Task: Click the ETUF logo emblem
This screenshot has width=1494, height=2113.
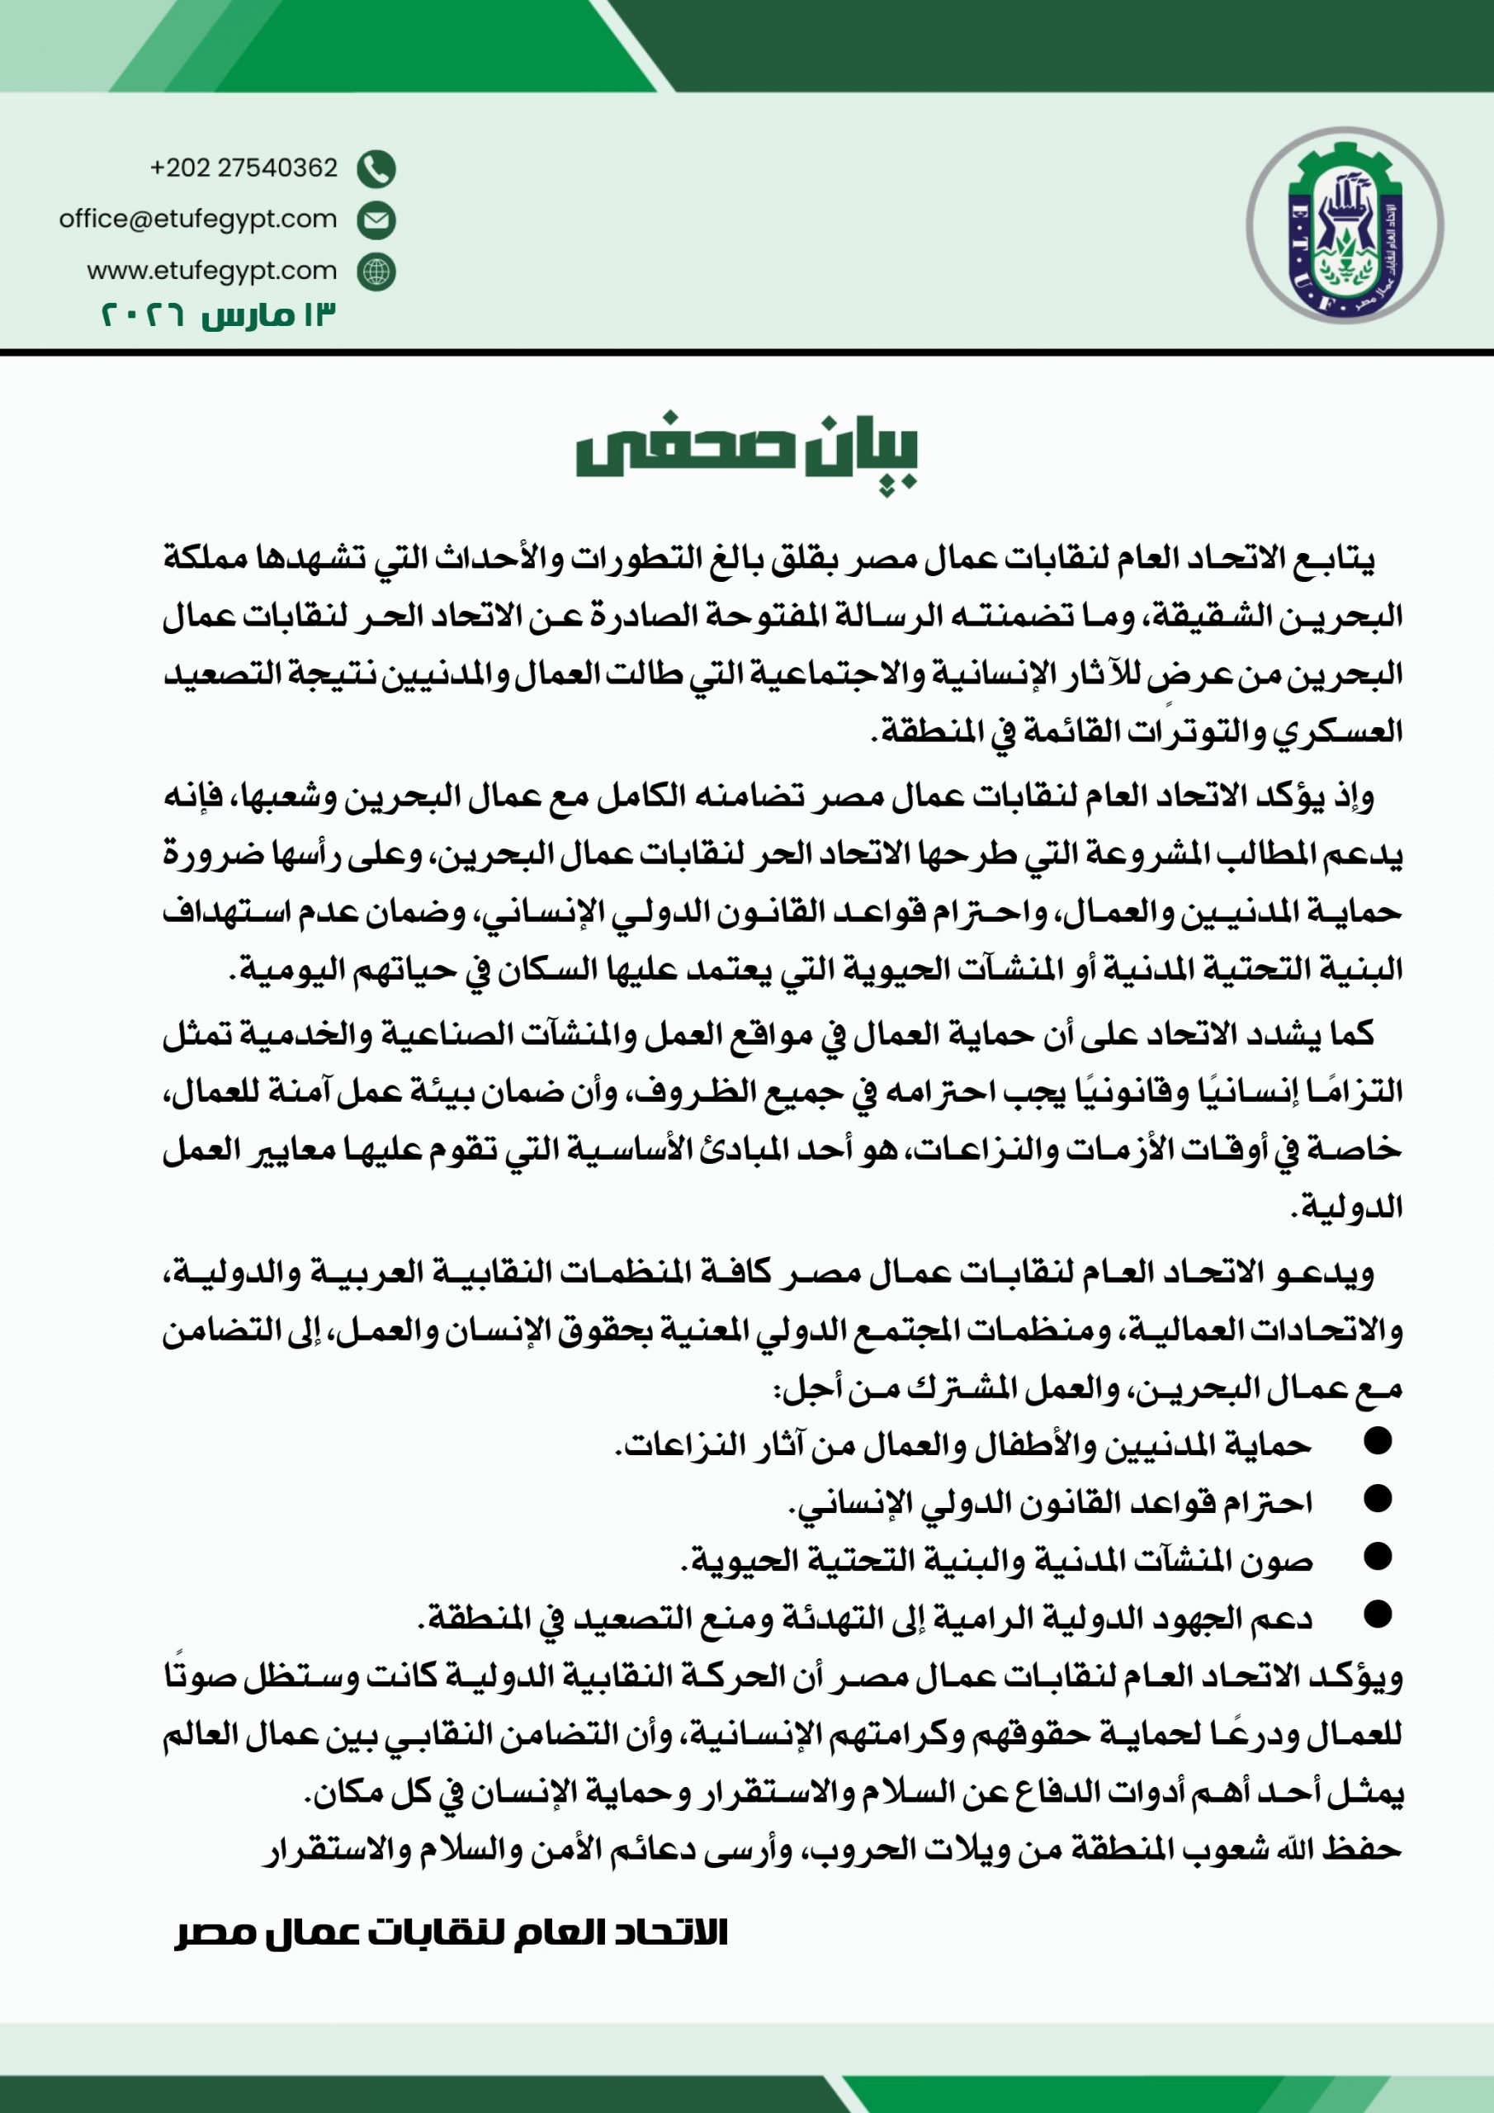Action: click(x=1344, y=225)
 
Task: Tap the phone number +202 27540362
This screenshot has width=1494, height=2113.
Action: click(x=244, y=168)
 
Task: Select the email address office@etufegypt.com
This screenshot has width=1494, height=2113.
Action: click(x=198, y=219)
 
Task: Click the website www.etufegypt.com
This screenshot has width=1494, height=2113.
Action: click(x=212, y=271)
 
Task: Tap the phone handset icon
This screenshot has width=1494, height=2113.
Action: click(x=376, y=168)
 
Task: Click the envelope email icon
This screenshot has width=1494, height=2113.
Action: click(x=376, y=220)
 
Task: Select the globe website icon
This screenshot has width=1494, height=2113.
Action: click(x=376, y=272)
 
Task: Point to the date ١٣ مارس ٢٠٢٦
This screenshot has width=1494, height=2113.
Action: click(x=218, y=314)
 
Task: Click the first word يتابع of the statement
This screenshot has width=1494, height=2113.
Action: click(x=1342, y=559)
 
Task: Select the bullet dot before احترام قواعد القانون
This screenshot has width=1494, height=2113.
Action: click(x=1377, y=1499)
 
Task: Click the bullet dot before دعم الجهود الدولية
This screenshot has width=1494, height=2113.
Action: click(x=1377, y=1614)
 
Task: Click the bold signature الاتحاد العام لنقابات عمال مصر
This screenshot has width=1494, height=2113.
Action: click(x=451, y=1931)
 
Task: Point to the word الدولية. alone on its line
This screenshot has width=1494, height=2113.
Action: click(x=1347, y=1207)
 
